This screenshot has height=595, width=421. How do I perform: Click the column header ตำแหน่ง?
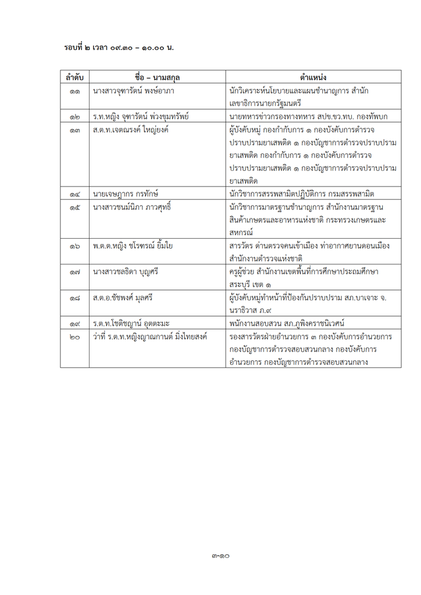click(313, 77)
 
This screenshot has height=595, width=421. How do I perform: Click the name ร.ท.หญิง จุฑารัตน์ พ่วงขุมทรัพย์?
click(142, 117)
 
